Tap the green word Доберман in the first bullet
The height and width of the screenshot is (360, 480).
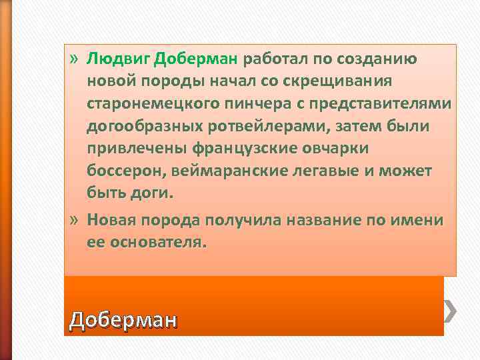[x=195, y=59]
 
